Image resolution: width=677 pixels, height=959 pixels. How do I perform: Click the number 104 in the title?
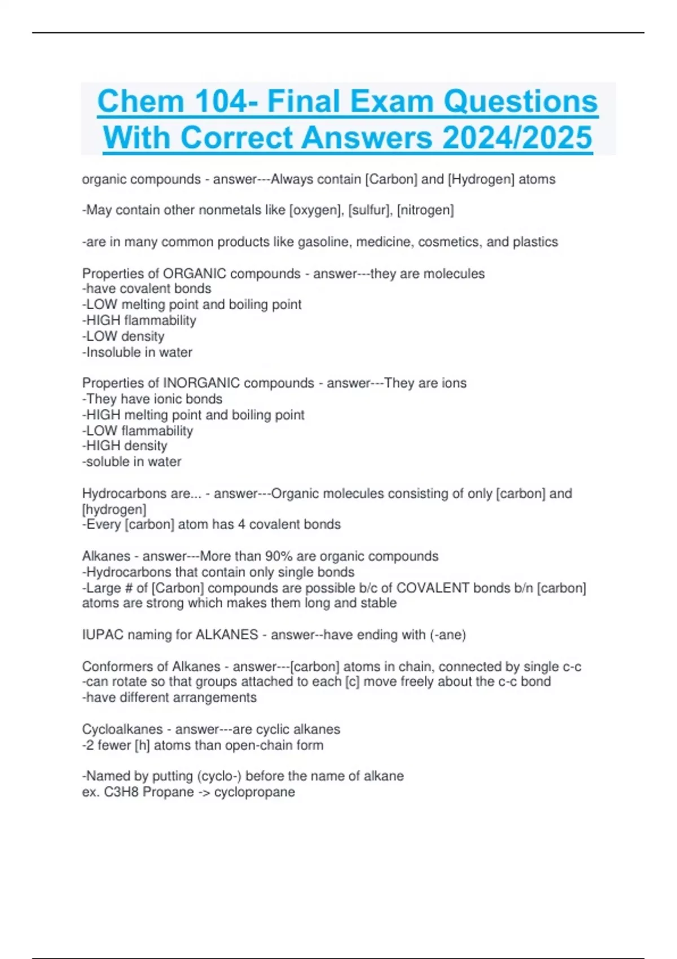pyautogui.click(x=221, y=102)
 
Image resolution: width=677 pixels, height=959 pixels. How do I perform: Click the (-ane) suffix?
pyautogui.click(x=448, y=635)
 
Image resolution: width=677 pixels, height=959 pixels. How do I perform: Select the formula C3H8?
pyautogui.click(x=121, y=792)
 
